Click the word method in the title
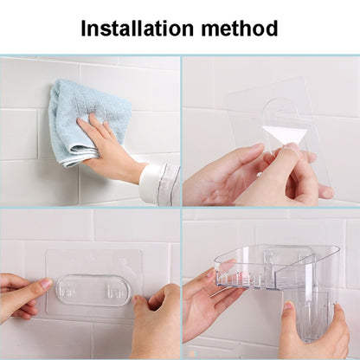click(240, 29)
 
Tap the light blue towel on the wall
click(87, 121)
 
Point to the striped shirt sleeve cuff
click(160, 183)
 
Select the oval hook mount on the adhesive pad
click(93, 290)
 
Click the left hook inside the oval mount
click(67, 290)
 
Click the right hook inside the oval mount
click(114, 292)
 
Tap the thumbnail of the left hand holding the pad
click(46, 284)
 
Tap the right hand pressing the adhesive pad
click(156, 320)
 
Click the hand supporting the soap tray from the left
click(208, 300)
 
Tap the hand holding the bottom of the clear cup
click(314, 335)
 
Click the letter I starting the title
click(84, 29)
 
